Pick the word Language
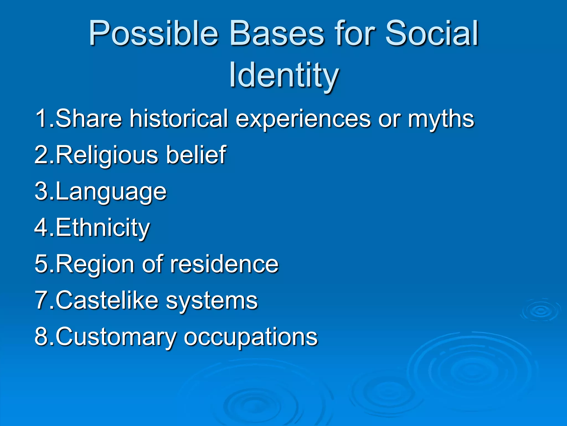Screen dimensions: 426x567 point(111,192)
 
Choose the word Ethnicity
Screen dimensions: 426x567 point(103,228)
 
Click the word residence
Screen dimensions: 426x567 point(224,264)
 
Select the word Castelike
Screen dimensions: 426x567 point(107,300)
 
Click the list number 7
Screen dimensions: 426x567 point(42,300)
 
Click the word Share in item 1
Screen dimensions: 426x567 point(89,118)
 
